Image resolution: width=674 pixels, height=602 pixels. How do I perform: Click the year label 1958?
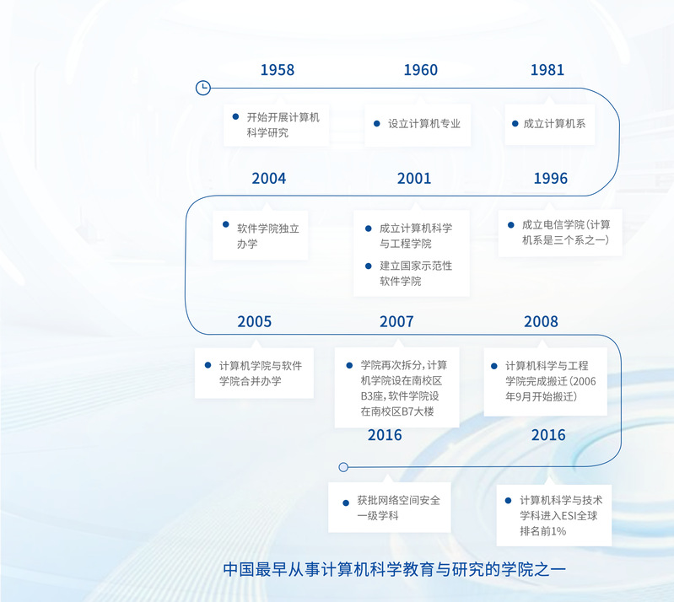278,70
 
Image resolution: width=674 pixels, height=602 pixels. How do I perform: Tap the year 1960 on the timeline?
420,70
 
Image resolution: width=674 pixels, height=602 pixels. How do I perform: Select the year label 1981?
547,70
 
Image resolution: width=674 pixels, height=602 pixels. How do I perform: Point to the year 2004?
268,178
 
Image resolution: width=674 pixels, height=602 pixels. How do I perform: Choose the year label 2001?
414,178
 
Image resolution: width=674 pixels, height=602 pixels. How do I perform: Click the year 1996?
550,178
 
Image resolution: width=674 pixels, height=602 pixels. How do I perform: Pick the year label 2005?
255,321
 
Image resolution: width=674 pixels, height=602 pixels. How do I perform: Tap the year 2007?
396,321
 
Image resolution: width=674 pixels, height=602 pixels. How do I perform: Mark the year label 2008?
541,321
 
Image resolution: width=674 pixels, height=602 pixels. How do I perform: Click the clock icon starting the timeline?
203,88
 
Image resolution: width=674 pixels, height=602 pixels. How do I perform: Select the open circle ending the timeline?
343,467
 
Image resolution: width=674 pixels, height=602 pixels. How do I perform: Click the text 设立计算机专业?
424,124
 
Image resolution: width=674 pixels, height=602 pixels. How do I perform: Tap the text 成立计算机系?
554,124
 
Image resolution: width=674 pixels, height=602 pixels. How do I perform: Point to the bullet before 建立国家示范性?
369,266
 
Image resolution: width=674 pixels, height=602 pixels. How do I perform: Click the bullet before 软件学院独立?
226,224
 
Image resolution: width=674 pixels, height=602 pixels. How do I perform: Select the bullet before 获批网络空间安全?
346,503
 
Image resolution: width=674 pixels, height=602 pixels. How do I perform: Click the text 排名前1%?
542,531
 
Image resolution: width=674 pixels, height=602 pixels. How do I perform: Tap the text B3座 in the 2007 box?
371,396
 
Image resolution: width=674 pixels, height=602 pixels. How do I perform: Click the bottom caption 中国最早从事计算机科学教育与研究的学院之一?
394,569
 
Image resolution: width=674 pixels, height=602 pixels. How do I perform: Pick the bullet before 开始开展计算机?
235,116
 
